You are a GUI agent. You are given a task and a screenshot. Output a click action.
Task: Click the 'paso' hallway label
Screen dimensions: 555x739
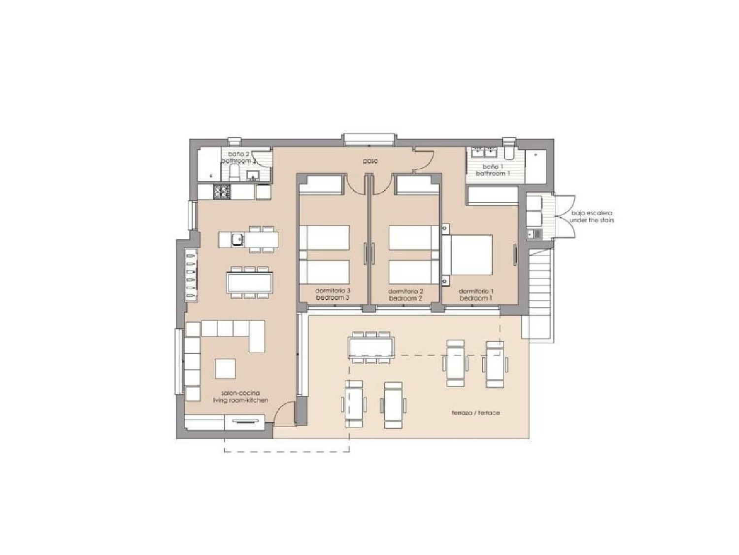click(x=370, y=161)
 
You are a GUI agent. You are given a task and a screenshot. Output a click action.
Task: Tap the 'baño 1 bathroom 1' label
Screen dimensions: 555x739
click(x=492, y=170)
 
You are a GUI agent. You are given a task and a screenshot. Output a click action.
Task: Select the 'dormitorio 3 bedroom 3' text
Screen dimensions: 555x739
click(x=333, y=295)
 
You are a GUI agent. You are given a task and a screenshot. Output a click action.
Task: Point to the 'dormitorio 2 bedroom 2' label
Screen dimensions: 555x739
click(x=405, y=295)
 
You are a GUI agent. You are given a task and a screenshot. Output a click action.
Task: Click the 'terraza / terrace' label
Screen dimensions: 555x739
click(x=475, y=413)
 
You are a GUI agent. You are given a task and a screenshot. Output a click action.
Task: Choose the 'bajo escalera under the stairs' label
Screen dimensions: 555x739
click(x=592, y=217)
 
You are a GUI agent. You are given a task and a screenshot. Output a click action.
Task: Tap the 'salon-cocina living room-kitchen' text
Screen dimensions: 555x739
click(x=240, y=397)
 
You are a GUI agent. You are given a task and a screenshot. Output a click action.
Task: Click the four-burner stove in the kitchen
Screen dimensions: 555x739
click(x=221, y=191)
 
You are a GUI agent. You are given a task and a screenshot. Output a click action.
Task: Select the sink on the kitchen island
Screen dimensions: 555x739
click(x=237, y=239)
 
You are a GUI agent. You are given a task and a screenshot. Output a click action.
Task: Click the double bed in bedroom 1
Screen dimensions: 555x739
click(x=470, y=255)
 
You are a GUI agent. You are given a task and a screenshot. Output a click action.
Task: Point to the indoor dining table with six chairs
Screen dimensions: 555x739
click(x=249, y=283)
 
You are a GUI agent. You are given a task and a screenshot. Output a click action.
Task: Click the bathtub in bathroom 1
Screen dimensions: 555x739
click(x=492, y=195)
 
